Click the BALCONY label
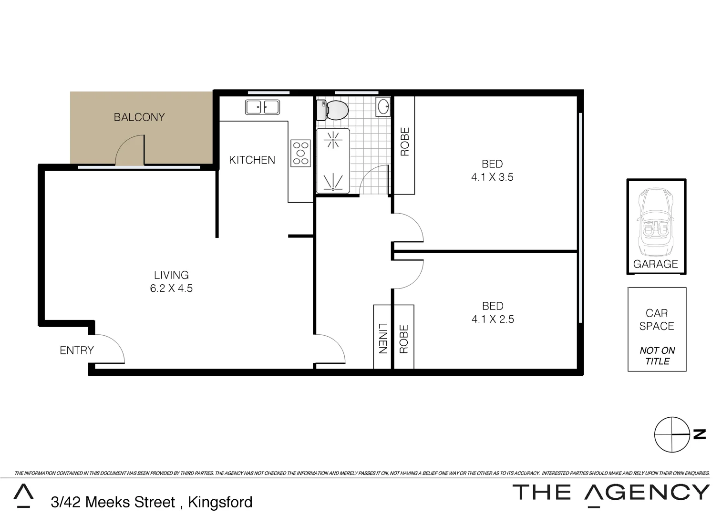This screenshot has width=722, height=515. click(139, 117)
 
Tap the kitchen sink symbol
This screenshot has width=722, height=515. click(262, 107)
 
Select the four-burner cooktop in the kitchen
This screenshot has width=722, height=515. click(300, 153)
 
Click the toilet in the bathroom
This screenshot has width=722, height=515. click(333, 110)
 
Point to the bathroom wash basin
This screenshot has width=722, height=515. click(383, 106)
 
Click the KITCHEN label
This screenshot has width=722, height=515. click(252, 160)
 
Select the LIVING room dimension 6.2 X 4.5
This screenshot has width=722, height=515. click(171, 288)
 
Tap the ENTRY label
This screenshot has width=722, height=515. click(76, 350)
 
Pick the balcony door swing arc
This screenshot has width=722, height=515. click(130, 150)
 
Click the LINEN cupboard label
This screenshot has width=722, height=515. click(382, 338)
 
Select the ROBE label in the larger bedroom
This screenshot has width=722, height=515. click(404, 142)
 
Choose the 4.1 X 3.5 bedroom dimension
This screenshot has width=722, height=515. click(492, 177)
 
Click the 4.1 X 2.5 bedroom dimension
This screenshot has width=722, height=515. click(493, 319)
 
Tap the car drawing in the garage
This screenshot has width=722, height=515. click(656, 222)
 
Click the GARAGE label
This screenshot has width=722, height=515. click(655, 264)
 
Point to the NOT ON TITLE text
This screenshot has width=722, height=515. click(657, 356)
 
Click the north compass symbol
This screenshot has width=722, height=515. click(672, 434)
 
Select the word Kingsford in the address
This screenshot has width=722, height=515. click(220, 502)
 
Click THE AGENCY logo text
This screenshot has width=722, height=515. click(610, 492)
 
